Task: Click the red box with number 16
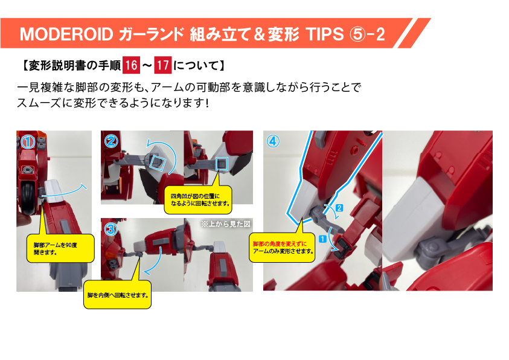(131, 65)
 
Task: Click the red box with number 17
(162, 65)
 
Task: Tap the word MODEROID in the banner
(66, 34)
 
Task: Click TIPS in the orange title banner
(324, 34)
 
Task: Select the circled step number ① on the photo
(28, 141)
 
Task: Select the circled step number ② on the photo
(111, 141)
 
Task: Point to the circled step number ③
(110, 230)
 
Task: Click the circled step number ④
(273, 141)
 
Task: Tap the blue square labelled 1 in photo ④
(322, 239)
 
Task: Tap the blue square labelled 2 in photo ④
(339, 208)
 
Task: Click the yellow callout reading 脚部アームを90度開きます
(60, 248)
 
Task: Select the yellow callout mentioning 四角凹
(198, 200)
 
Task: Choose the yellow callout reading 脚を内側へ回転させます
(118, 295)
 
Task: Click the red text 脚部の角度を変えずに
(280, 244)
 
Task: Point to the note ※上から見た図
(226, 223)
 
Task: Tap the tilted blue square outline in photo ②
(158, 162)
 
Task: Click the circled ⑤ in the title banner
(357, 34)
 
